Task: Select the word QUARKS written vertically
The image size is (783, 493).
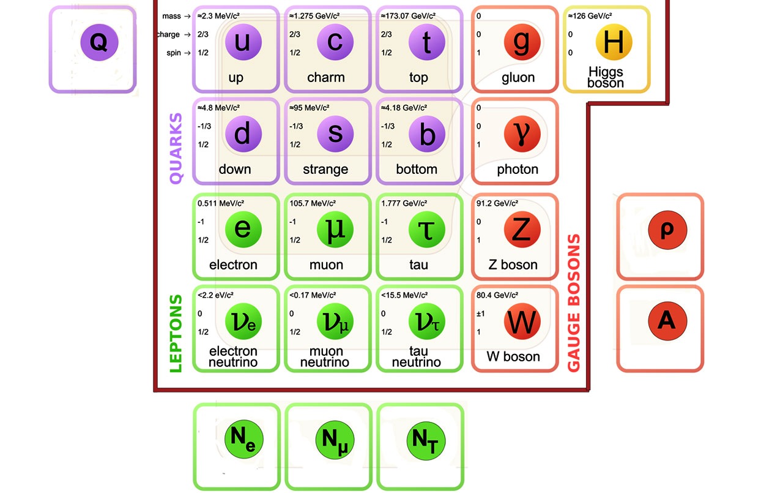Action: tap(176, 148)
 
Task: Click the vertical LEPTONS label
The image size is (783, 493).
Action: tap(176, 334)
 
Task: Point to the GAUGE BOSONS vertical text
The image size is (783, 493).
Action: tap(574, 303)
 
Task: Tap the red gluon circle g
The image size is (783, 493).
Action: tap(522, 42)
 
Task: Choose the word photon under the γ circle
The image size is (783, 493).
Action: tap(518, 170)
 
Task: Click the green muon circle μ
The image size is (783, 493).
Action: tap(335, 229)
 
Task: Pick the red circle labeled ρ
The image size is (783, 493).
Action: tap(667, 230)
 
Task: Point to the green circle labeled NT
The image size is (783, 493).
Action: tap(426, 440)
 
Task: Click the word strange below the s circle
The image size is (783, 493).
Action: tap(325, 170)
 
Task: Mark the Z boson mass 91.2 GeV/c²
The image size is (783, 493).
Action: tap(497, 203)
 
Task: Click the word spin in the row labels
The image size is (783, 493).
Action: tap(174, 53)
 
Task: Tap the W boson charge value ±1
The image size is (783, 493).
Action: tap(481, 314)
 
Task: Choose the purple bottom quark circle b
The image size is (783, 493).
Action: tap(426, 133)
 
